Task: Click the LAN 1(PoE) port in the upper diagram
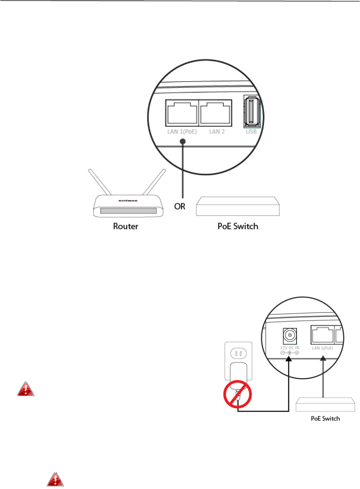182,113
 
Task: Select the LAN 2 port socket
216,113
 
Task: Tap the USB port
251,112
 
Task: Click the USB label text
251,132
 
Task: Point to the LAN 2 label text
217,132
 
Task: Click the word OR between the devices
180,206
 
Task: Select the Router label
126,226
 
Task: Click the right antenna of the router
155,182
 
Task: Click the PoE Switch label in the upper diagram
238,226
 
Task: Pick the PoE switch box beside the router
238,206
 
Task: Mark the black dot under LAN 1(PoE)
183,142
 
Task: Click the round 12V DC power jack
290,335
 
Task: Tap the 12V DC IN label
290,348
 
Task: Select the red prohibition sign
238,394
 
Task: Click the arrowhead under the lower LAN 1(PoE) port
323,359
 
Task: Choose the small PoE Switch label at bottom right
325,418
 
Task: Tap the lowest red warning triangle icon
55,480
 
